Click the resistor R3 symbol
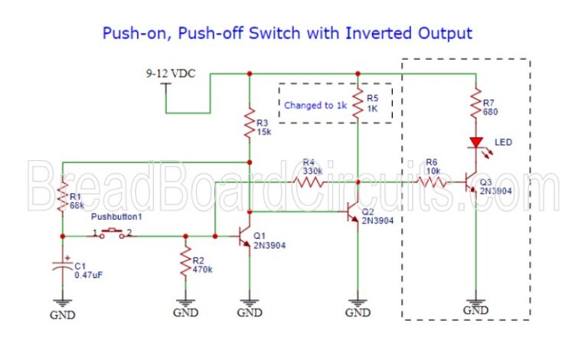point(250,123)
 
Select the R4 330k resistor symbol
point(309,182)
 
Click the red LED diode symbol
point(475,143)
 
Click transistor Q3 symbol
point(470,183)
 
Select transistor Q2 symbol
point(351,211)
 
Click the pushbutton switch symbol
point(113,234)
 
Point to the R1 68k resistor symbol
point(62,199)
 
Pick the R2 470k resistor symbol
point(185,263)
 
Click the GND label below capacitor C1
point(63,314)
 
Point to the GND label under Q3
point(475,309)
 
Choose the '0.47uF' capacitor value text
point(89,275)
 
